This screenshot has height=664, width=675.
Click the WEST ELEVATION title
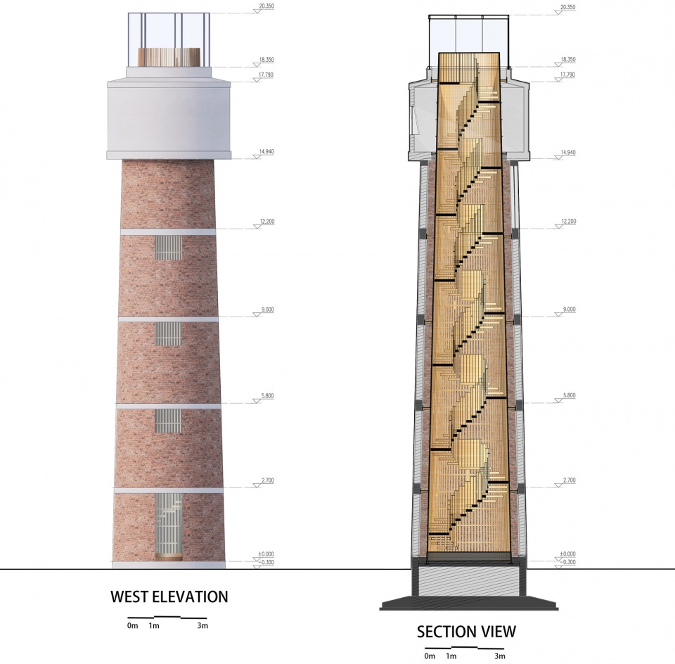[x=169, y=596]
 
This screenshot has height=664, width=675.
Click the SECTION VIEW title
[x=466, y=632]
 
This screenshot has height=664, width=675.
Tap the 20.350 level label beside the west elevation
[x=266, y=6]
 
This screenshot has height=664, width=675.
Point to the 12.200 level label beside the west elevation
[x=267, y=222]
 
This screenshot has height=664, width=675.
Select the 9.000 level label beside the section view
[x=569, y=309]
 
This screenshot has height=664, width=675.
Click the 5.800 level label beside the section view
[x=569, y=395]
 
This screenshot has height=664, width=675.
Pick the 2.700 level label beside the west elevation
[x=267, y=480]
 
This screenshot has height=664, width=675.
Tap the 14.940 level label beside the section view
[x=568, y=153]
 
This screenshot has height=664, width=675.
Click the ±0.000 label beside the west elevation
[x=266, y=554]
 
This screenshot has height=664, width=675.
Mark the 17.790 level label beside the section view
[x=568, y=75]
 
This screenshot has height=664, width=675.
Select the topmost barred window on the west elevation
[x=168, y=248]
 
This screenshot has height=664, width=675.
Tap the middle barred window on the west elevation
[x=168, y=334]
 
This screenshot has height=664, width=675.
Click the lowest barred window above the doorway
[x=168, y=421]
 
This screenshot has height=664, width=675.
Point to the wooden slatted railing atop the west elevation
[x=169, y=57]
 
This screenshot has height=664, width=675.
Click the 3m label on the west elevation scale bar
[x=202, y=626]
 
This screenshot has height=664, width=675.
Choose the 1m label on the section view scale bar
[x=451, y=656]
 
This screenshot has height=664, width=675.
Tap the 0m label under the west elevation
[x=133, y=626]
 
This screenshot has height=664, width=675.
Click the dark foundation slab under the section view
[x=469, y=603]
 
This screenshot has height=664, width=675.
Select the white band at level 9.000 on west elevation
[x=168, y=319]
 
